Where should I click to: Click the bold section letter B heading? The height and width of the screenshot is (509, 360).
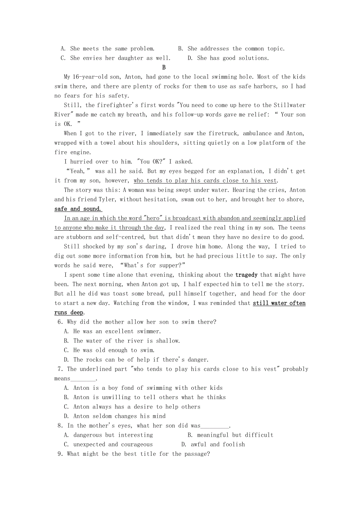[164, 68]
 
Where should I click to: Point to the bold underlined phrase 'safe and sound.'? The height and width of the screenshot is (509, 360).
[78, 209]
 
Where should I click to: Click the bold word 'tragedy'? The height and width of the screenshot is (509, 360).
[246, 275]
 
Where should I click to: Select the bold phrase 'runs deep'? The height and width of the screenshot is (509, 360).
[69, 313]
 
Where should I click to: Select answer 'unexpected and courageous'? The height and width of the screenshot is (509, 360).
[113, 444]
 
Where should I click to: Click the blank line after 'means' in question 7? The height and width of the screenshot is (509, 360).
[83, 379]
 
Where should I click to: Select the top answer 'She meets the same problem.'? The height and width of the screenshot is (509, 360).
[112, 49]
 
